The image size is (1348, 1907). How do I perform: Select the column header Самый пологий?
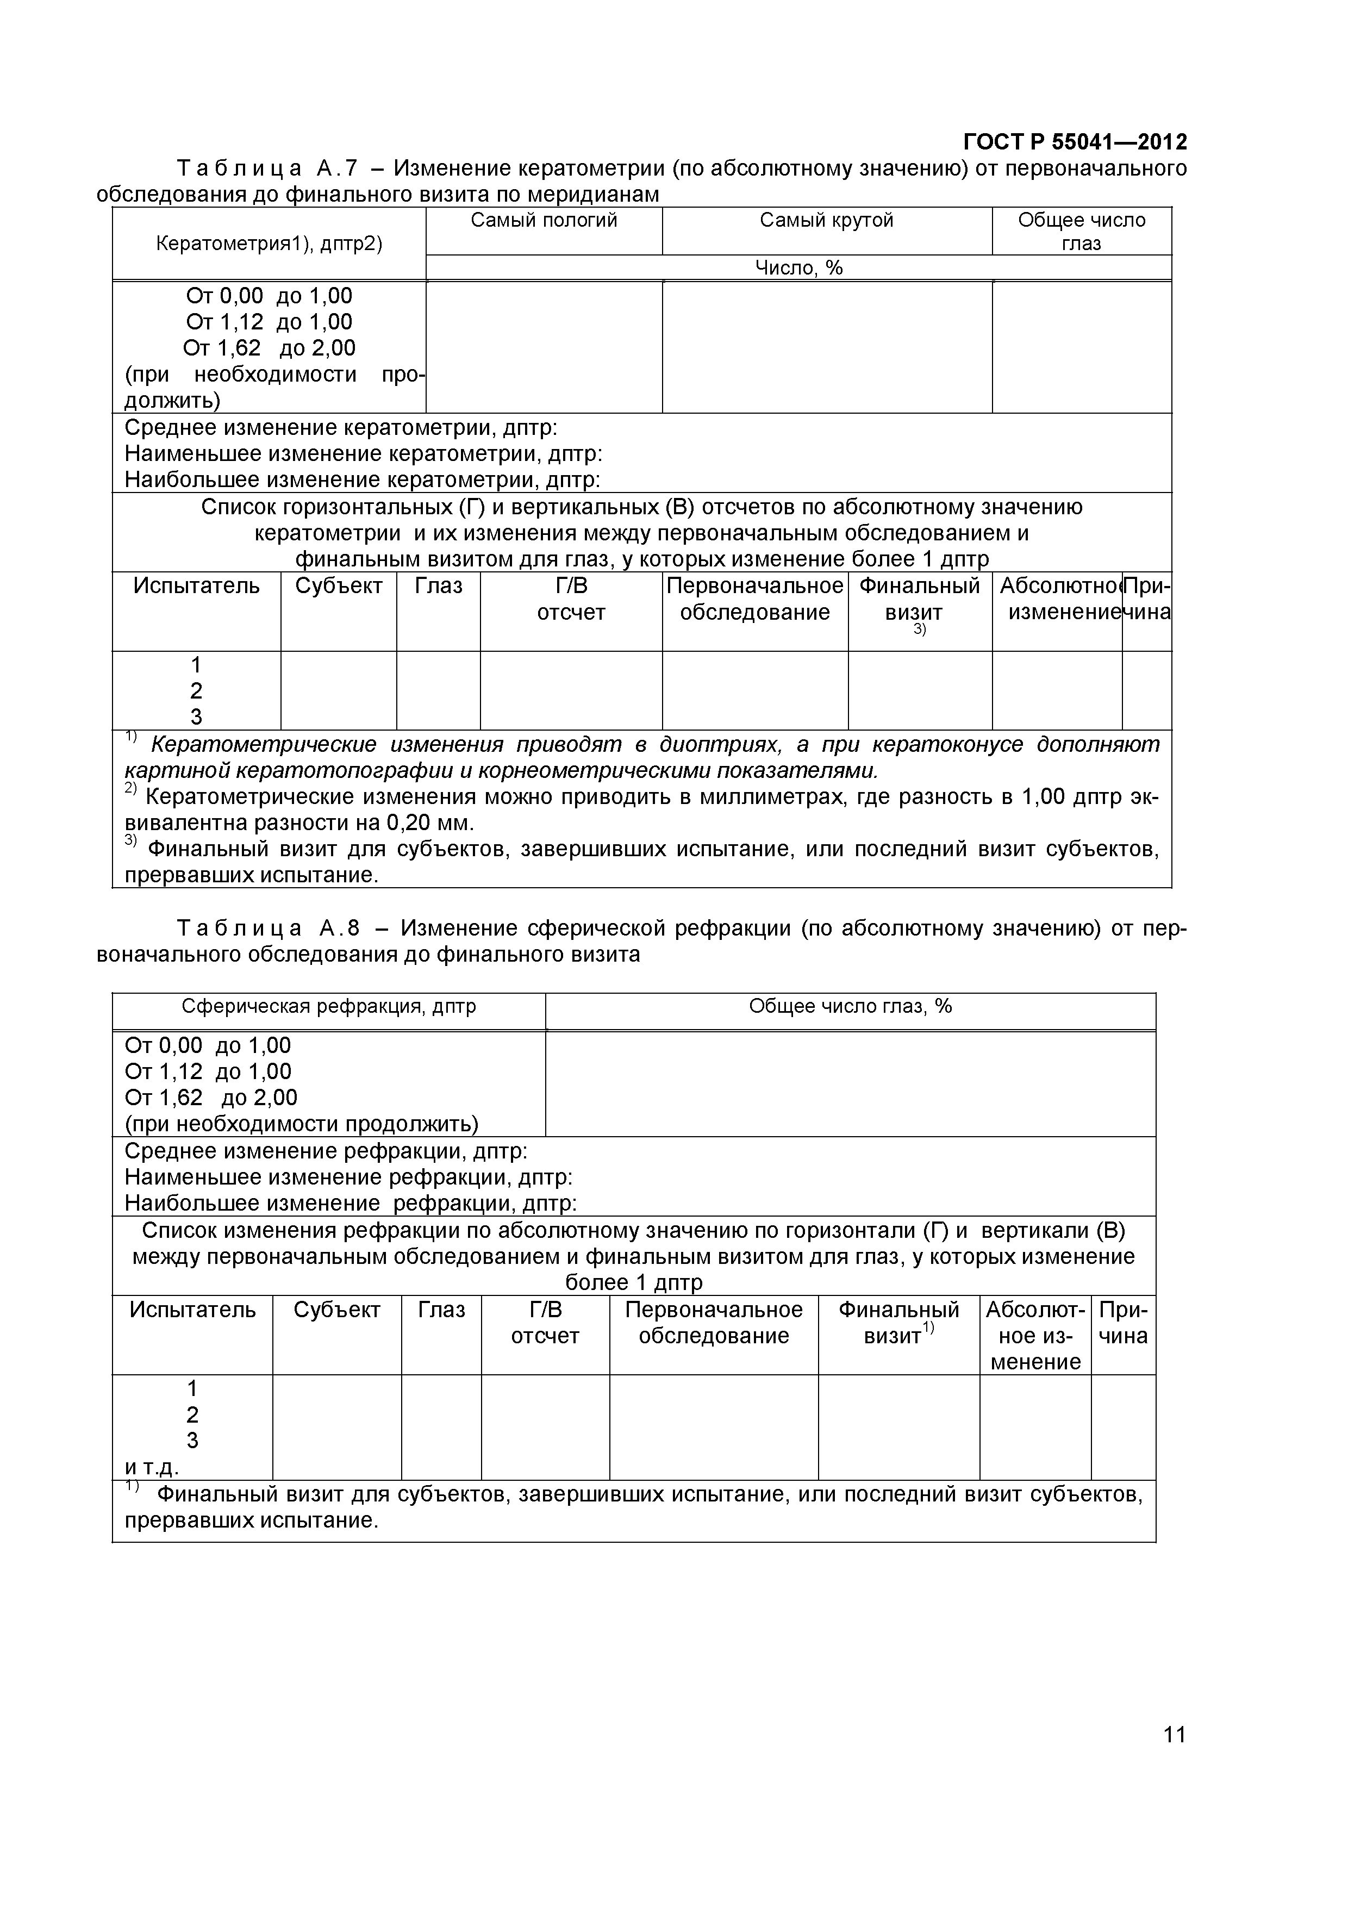pos(544,220)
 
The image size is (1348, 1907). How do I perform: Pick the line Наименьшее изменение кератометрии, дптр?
pos(363,454)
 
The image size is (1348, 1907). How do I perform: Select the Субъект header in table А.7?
pos(339,587)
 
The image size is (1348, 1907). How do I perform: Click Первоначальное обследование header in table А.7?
pos(755,599)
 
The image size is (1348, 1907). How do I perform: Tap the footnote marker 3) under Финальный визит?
pos(920,631)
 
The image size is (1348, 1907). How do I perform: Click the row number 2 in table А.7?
pos(196,691)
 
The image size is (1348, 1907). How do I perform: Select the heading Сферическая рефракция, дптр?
pos(329,1007)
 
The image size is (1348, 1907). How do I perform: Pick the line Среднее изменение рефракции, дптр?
pos(326,1151)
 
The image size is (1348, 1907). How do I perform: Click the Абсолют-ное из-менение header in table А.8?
pos(1035,1336)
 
